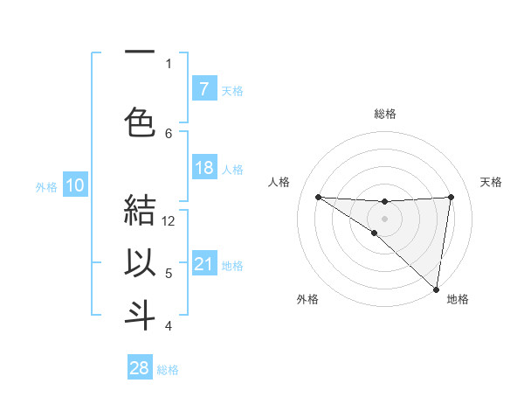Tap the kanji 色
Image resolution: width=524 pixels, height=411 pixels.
click(x=140, y=121)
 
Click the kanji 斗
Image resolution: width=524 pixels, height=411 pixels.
click(x=140, y=315)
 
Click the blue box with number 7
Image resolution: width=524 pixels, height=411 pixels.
click(x=203, y=89)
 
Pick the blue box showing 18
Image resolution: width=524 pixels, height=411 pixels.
click(x=203, y=168)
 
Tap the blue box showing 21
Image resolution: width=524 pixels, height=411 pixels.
click(x=203, y=264)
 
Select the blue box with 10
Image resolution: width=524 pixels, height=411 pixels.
click(x=75, y=185)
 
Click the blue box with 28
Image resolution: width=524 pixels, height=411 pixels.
click(x=140, y=368)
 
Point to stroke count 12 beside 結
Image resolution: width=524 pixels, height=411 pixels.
click(x=169, y=220)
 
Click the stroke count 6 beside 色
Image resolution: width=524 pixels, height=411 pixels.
click(x=169, y=133)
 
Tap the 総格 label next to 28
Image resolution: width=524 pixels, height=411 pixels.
click(x=169, y=370)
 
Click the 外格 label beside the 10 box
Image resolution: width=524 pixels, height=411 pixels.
click(x=46, y=186)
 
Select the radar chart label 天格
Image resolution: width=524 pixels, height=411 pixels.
click(x=491, y=182)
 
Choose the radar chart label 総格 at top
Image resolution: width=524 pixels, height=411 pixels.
click(x=384, y=114)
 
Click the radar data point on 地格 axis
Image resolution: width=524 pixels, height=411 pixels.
click(x=437, y=289)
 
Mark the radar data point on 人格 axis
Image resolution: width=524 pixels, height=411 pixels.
click(x=318, y=197)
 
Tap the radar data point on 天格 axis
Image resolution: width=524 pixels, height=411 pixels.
click(x=451, y=197)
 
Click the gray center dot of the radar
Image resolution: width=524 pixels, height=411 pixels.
click(x=384, y=217)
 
